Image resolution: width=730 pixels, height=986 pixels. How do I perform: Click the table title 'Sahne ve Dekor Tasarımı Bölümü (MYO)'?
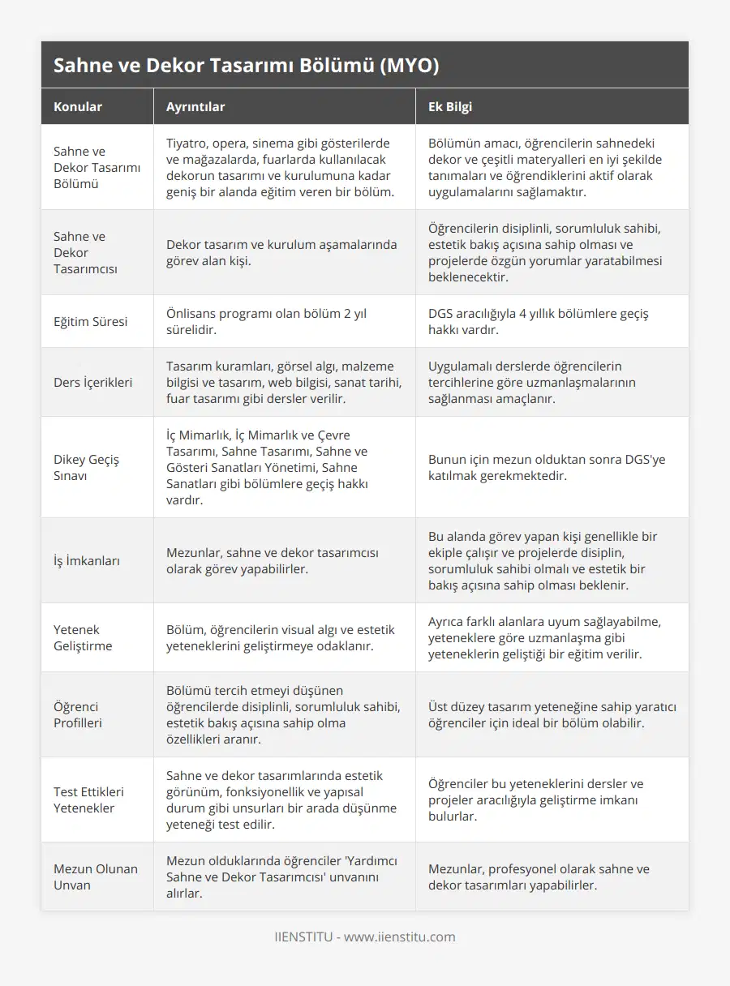point(246,66)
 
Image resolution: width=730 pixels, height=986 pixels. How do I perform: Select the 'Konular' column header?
point(78,107)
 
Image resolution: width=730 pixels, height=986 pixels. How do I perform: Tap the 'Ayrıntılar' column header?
point(195,107)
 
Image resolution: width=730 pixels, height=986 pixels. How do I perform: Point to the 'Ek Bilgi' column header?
point(450,107)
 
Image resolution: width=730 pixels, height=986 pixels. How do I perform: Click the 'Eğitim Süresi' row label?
point(90,322)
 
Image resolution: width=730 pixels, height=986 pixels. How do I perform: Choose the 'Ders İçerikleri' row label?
point(92,383)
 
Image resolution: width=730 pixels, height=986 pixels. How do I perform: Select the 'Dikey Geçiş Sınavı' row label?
point(86,468)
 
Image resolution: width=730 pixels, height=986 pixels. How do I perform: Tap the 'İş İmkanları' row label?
point(87,561)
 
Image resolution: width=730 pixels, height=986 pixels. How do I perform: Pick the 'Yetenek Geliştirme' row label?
point(83,638)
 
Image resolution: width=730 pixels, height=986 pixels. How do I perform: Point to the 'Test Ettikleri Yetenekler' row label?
point(88,800)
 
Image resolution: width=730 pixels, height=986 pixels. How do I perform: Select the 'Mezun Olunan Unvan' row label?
point(96,877)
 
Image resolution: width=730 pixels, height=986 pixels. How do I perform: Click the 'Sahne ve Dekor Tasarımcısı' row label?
point(85,253)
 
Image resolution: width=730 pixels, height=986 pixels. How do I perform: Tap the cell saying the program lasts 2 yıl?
point(266,322)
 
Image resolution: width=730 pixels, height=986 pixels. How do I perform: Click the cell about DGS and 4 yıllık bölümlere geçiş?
point(539,322)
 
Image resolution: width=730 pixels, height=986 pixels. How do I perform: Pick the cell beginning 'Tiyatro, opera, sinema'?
point(279,168)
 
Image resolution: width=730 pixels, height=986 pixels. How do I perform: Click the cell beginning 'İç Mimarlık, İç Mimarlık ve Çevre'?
point(267,468)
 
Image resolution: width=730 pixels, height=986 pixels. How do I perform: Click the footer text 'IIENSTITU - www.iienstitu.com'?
point(365,937)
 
